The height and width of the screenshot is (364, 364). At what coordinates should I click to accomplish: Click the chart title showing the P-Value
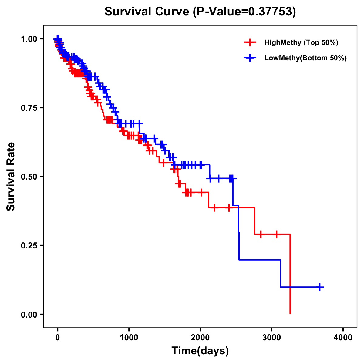tap(200, 12)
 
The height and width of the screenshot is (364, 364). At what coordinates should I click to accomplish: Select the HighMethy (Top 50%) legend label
tap(301, 42)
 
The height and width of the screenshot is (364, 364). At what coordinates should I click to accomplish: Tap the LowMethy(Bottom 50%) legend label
tap(305, 58)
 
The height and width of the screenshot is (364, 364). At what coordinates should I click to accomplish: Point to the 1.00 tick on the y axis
tap(29, 39)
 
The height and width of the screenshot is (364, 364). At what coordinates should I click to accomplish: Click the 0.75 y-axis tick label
tap(29, 108)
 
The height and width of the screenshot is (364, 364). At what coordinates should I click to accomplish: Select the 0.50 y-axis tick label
tap(29, 177)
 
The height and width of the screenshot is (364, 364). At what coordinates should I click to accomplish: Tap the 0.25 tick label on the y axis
tap(29, 245)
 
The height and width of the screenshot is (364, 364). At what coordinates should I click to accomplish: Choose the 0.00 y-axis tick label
tap(29, 314)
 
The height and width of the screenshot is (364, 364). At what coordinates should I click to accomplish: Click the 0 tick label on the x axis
tap(57, 338)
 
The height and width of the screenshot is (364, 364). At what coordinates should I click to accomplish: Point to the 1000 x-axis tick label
tap(129, 338)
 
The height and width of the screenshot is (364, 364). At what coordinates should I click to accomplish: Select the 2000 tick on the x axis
tap(200, 338)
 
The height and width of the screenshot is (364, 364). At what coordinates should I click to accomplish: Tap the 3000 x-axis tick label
tap(272, 338)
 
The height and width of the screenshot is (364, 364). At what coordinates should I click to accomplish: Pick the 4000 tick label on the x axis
tap(343, 338)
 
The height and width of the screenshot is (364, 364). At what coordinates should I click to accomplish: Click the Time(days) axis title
tap(200, 351)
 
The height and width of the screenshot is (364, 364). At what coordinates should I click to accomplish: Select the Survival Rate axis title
tap(11, 177)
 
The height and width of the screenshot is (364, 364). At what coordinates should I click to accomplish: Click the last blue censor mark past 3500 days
tap(320, 287)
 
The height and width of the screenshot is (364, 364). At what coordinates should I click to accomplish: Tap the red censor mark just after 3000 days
tap(276, 234)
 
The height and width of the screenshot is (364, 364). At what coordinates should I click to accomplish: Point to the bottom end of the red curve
tap(290, 313)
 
